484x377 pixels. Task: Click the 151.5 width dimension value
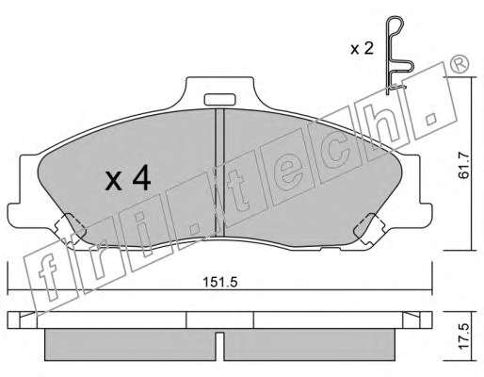point(220,282)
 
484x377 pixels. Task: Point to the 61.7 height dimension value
point(463,166)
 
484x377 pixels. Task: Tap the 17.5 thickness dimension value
point(463,336)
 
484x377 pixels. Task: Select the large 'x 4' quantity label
point(128,180)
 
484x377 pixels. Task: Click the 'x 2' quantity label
point(362,49)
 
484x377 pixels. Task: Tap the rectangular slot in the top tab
point(219,99)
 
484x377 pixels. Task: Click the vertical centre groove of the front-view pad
point(219,172)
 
